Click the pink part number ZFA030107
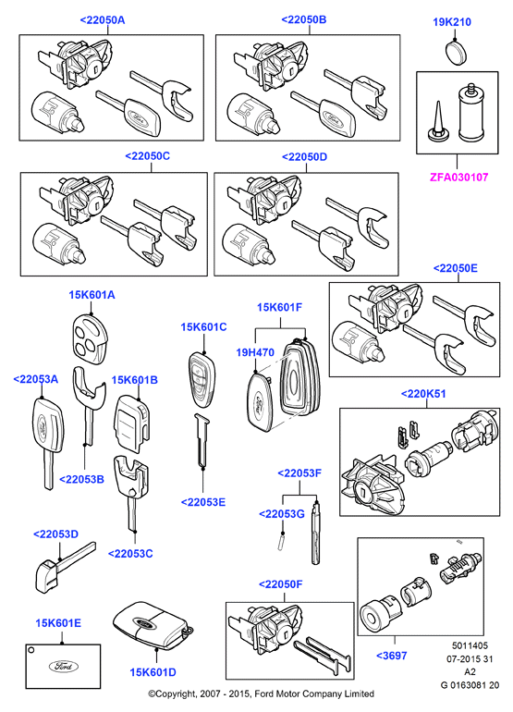coord(458,178)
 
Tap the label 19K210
coord(452,22)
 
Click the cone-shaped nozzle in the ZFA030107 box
coord(439,120)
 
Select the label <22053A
coord(36,379)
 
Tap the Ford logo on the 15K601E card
coord(64,666)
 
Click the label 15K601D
coord(153,672)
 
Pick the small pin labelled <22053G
coord(281,543)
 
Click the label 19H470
coord(255,352)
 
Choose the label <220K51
coord(423,394)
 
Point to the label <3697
coord(392,656)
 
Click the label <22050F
coord(281,584)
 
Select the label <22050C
coord(148,155)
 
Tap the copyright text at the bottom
coord(262,694)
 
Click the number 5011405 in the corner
coord(470,645)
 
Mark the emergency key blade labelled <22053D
coord(64,568)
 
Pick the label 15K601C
coord(203,327)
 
